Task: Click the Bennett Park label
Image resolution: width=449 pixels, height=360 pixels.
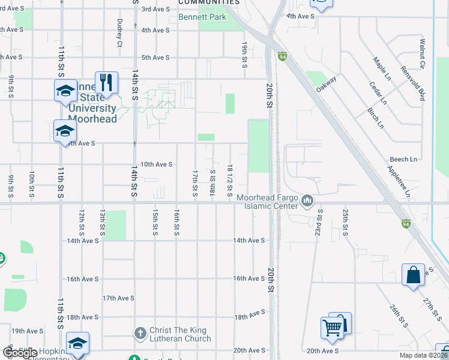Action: tap(202, 17)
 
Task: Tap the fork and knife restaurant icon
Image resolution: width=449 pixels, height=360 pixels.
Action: tap(106, 82)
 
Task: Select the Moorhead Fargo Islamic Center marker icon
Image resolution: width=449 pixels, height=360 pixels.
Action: tap(308, 200)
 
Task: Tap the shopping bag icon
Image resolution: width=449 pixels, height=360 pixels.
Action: tap(414, 275)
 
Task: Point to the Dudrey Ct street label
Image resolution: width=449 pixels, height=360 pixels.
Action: tap(119, 32)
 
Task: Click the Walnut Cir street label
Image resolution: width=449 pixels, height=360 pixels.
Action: tap(422, 53)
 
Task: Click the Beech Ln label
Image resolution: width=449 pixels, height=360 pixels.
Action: tap(403, 159)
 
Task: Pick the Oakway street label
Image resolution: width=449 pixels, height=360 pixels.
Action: tap(327, 83)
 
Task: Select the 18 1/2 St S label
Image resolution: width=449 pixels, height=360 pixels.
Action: tap(230, 180)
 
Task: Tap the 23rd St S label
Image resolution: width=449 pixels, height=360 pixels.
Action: tap(320, 223)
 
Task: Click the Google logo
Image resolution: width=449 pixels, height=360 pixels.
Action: tap(20, 353)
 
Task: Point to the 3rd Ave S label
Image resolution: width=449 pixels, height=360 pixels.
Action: tap(155, 9)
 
